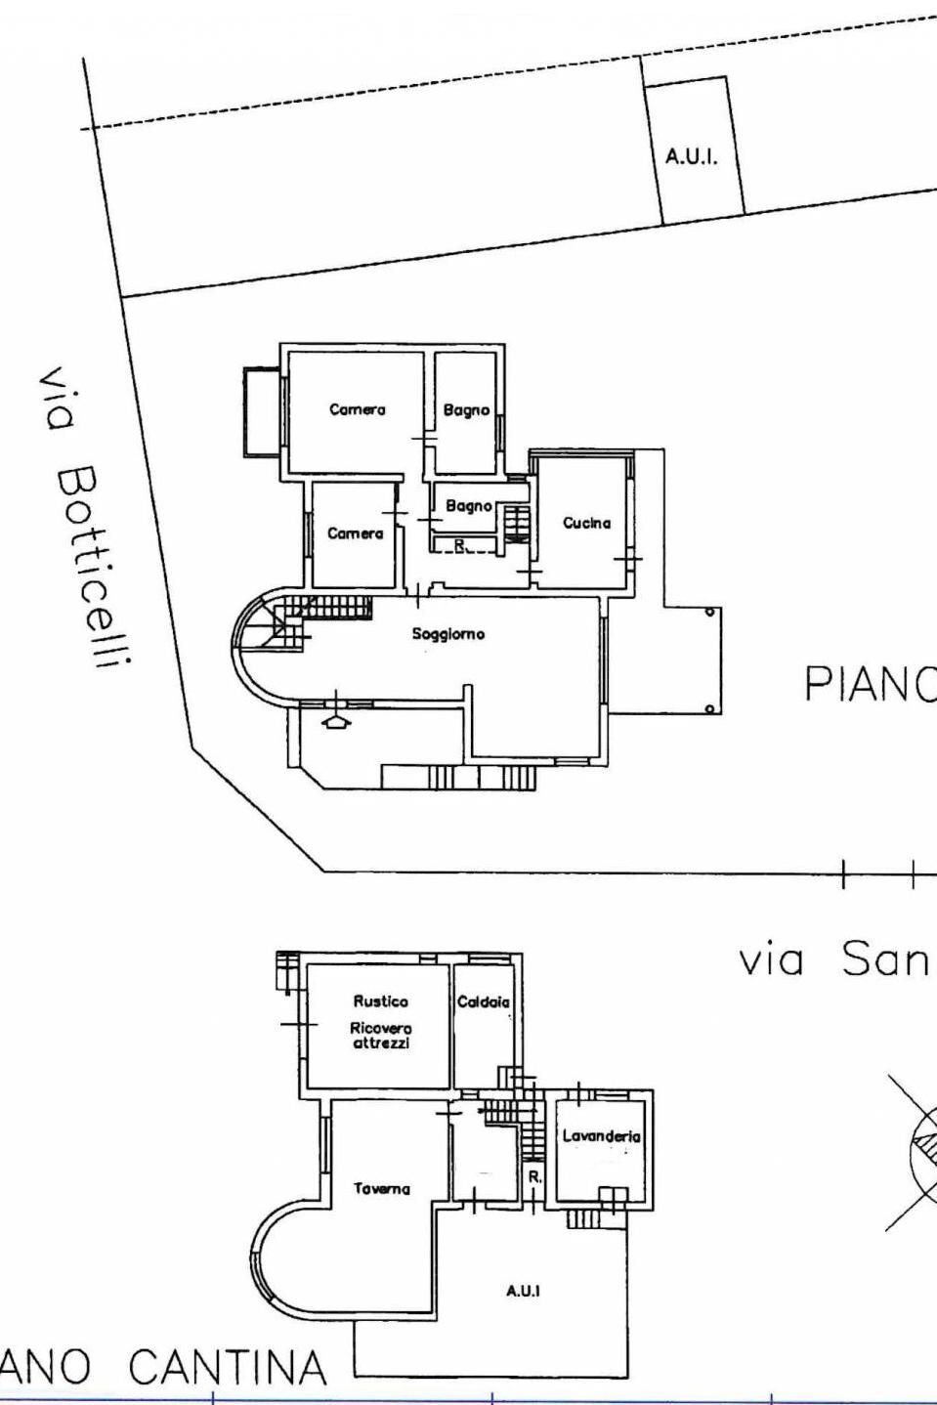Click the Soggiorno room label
[x=447, y=634]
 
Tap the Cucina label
[x=586, y=523]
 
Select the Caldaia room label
[x=483, y=1001]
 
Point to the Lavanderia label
[x=601, y=1136]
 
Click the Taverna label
[x=381, y=1189]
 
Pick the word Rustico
[x=380, y=1001]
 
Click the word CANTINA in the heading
[x=228, y=1368]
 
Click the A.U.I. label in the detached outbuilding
[x=691, y=155]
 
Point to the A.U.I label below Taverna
[x=523, y=1291]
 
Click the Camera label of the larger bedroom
[x=357, y=409]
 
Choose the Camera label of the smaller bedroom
[x=355, y=533]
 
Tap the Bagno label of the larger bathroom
[x=466, y=410]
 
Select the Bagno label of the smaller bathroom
[x=468, y=506]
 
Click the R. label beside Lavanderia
[x=534, y=1177]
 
